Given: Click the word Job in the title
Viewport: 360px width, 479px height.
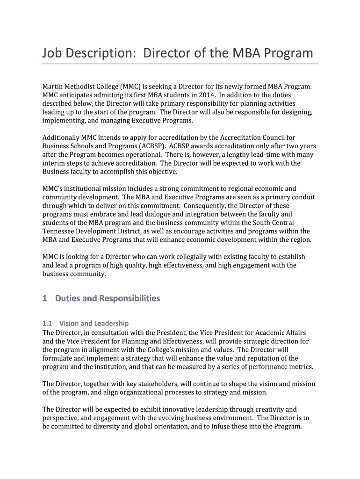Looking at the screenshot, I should (x=52, y=53).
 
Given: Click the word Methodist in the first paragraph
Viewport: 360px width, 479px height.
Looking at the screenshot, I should (x=82, y=87).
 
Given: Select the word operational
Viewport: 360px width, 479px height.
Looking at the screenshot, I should (x=141, y=154).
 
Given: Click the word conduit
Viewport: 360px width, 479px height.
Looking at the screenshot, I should (x=302, y=197).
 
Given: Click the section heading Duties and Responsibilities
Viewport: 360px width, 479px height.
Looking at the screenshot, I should (x=107, y=298).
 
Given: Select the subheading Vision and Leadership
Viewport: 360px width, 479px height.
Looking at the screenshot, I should (x=94, y=323).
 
